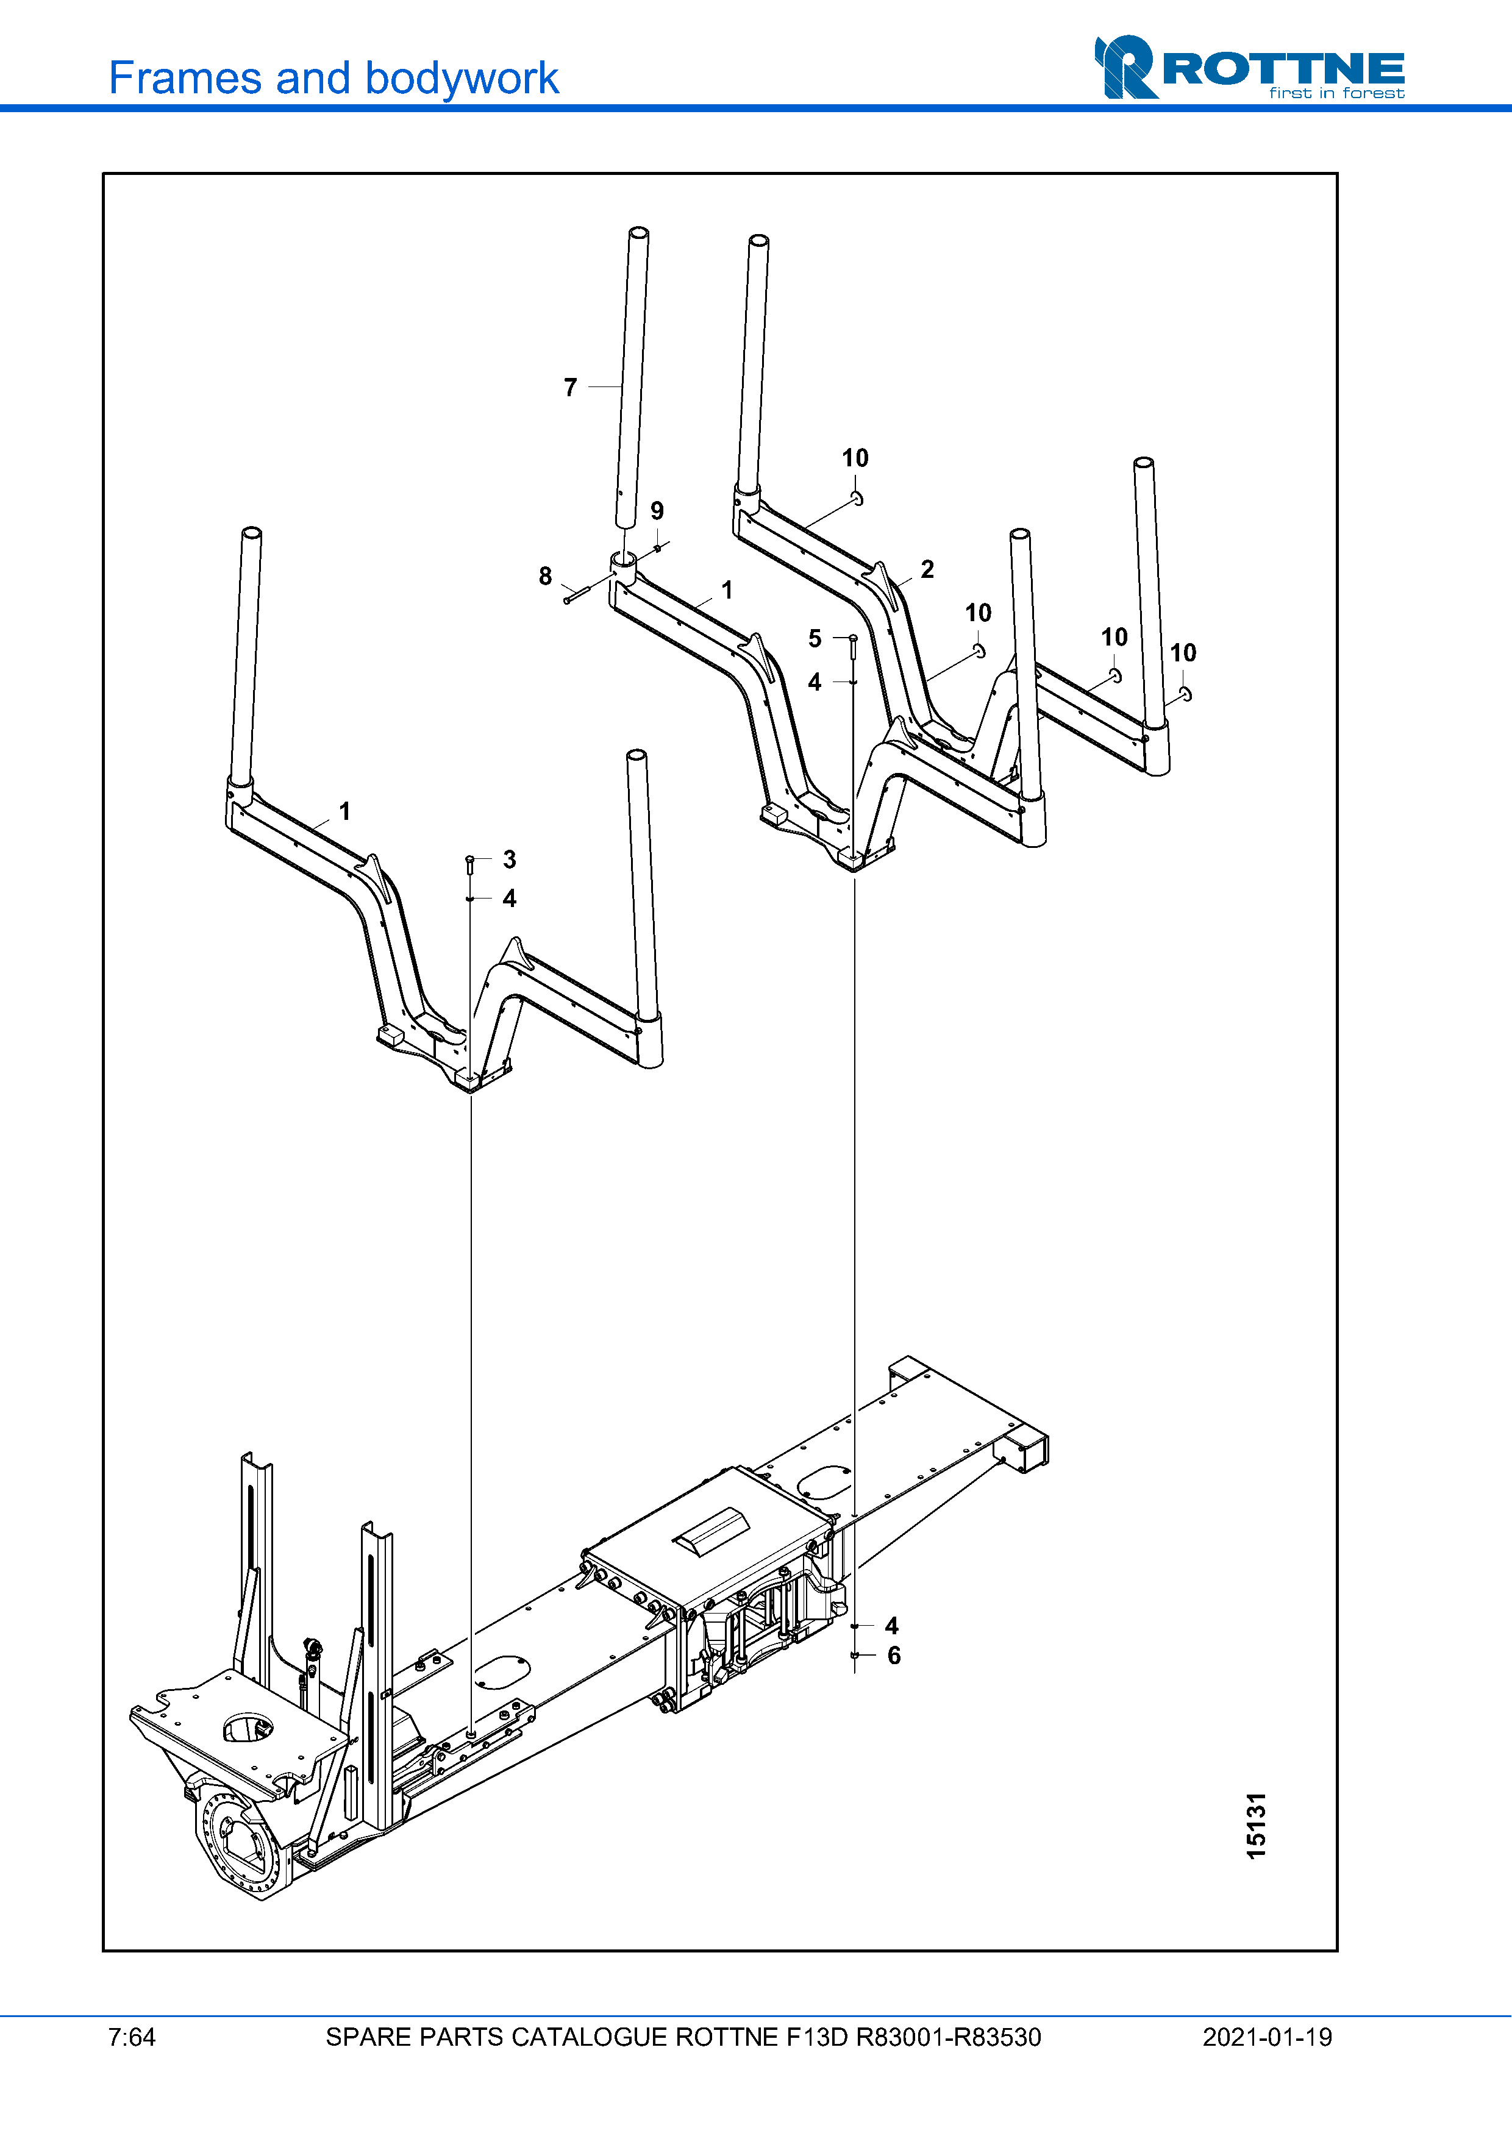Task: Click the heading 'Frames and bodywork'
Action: point(333,78)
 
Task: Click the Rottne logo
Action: point(1249,67)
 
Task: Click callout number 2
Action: point(927,569)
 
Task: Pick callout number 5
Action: point(815,639)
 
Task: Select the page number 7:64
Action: point(131,2037)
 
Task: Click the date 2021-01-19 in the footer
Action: point(1267,2037)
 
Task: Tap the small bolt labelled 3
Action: point(469,864)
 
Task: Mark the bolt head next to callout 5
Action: point(852,637)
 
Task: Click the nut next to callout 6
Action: point(854,1656)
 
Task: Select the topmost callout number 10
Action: point(855,458)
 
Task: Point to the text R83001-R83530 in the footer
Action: point(949,2037)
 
